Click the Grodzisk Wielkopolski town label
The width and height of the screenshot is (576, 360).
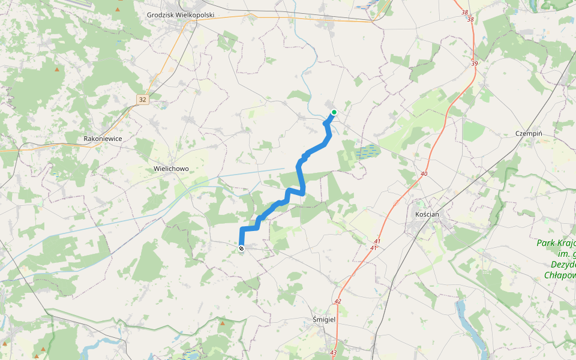coord(181,14)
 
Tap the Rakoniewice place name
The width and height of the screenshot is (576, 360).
coord(103,139)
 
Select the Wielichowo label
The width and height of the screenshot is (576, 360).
coord(171,169)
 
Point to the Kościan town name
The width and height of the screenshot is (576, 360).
coord(428,214)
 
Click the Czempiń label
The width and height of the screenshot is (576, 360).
coord(529,134)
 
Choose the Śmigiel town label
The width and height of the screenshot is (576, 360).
coord(325,319)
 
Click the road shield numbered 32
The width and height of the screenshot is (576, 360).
coord(142,100)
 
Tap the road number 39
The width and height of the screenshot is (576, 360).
coord(475,64)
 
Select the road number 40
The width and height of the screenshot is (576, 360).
coord(425,173)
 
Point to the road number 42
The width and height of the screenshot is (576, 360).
coord(338,301)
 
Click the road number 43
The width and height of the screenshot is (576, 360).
coord(334,352)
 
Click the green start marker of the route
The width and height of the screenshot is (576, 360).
coord(334,112)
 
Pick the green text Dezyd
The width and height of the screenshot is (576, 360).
coord(562,264)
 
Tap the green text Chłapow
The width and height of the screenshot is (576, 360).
coord(560,275)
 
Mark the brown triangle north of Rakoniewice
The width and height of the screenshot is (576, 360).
coord(58,70)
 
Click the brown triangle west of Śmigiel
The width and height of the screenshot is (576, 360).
coord(223,324)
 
